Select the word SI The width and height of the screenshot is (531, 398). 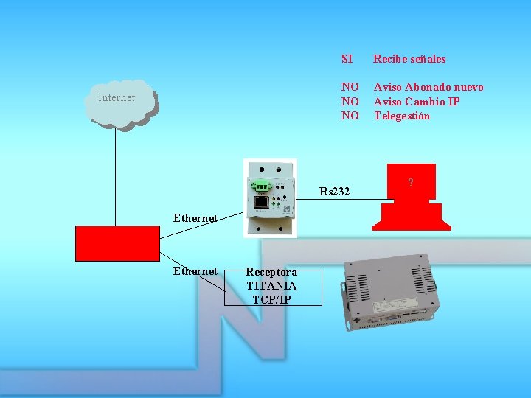click(347, 59)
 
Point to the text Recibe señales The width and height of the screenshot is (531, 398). click(409, 59)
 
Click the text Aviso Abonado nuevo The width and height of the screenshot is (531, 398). click(428, 87)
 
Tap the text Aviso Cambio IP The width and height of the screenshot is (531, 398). click(417, 101)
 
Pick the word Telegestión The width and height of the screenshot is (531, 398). click(401, 115)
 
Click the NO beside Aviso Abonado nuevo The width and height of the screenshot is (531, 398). click(349, 87)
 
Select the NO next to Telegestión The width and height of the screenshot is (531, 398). click(349, 115)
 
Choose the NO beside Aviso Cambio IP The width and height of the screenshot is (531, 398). click(349, 101)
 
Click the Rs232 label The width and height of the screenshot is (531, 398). click(334, 192)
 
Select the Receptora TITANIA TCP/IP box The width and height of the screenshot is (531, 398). click(271, 286)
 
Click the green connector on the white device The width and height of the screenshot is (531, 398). click(261, 185)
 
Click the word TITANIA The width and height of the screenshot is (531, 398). click(271, 286)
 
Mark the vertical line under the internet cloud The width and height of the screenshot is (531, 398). click(115, 177)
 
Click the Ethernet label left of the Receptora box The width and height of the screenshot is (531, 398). click(195, 271)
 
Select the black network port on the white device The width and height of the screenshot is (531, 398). click(260, 201)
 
